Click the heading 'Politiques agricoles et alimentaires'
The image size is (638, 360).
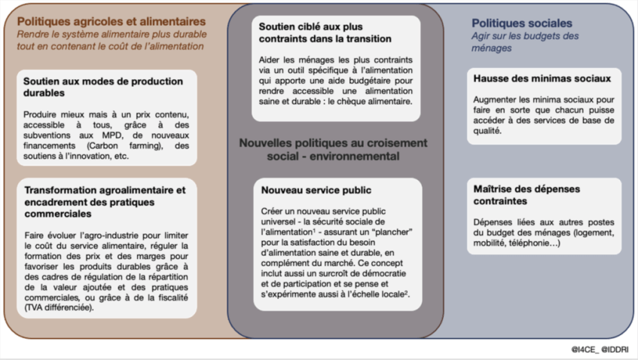[x=111, y=21]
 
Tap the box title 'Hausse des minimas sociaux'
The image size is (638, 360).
[x=542, y=78]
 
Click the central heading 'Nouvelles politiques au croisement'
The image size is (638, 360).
[x=332, y=142]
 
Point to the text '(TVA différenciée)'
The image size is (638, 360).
[x=59, y=307]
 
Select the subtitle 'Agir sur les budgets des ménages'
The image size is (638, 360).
[x=527, y=42]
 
